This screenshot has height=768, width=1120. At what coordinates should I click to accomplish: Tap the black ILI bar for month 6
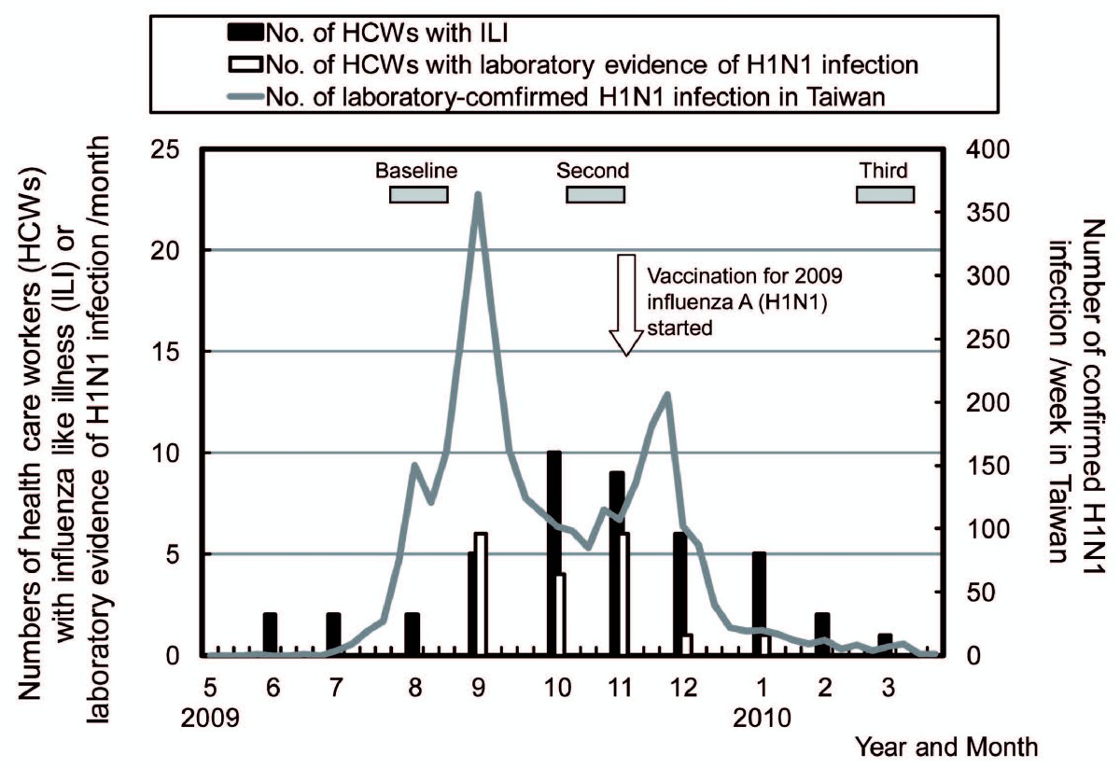coord(270,635)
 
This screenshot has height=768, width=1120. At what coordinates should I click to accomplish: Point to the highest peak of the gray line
coord(478,194)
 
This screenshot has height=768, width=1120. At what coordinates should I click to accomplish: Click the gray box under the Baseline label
coord(418,194)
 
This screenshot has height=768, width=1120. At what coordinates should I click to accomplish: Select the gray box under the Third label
coord(885,194)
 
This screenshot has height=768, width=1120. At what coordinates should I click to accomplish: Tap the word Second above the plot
coord(593,171)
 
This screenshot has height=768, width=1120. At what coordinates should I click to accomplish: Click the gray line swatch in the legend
coord(245,96)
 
